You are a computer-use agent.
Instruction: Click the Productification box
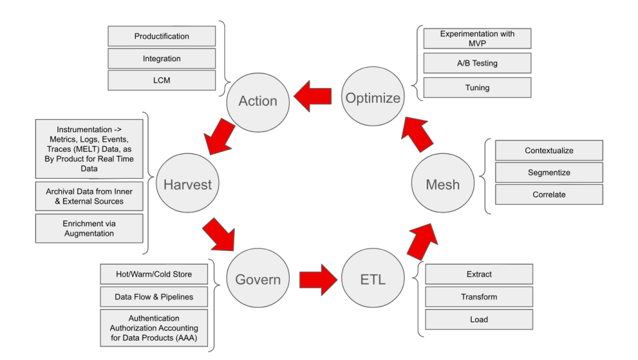(161, 36)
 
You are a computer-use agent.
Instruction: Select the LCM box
(161, 80)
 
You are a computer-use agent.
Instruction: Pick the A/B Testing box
(477, 63)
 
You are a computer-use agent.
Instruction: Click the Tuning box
(477, 87)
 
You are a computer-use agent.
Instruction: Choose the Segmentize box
(548, 172)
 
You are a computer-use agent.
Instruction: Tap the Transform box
(479, 296)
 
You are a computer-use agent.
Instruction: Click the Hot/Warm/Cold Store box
(155, 275)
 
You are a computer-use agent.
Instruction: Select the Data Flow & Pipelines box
(155, 297)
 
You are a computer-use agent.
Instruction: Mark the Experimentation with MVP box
(477, 39)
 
